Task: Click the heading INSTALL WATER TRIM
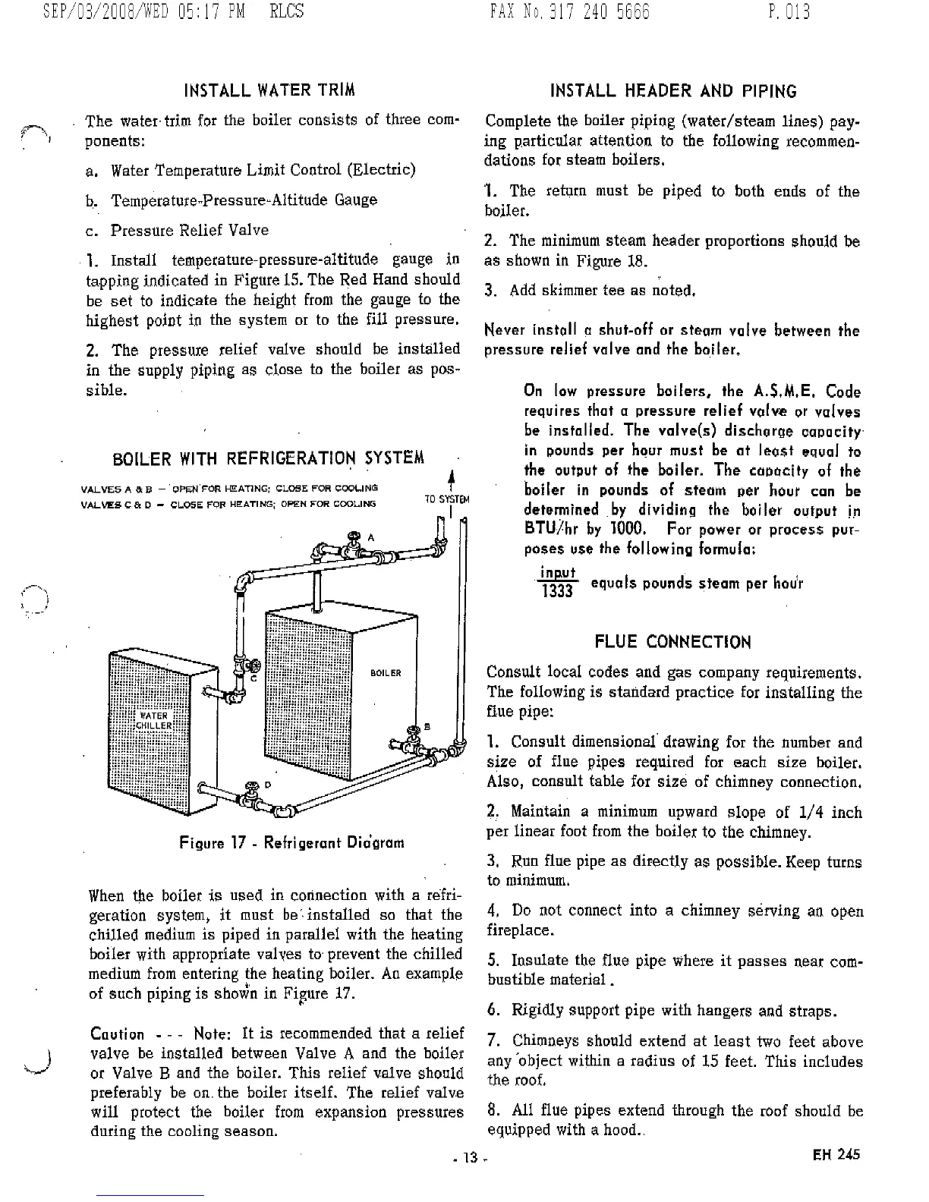tap(269, 91)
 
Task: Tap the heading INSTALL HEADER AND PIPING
tap(673, 92)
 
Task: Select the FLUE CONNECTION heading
tap(672, 643)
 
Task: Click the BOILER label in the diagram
tap(386, 673)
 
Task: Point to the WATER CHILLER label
tap(154, 720)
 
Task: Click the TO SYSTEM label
tap(446, 499)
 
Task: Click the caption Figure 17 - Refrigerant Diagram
tap(291, 843)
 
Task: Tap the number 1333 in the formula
tap(557, 591)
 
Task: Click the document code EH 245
tap(836, 1154)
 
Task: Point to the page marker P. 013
tap(789, 13)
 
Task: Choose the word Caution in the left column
tap(117, 1034)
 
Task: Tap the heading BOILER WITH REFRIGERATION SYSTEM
tap(268, 459)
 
